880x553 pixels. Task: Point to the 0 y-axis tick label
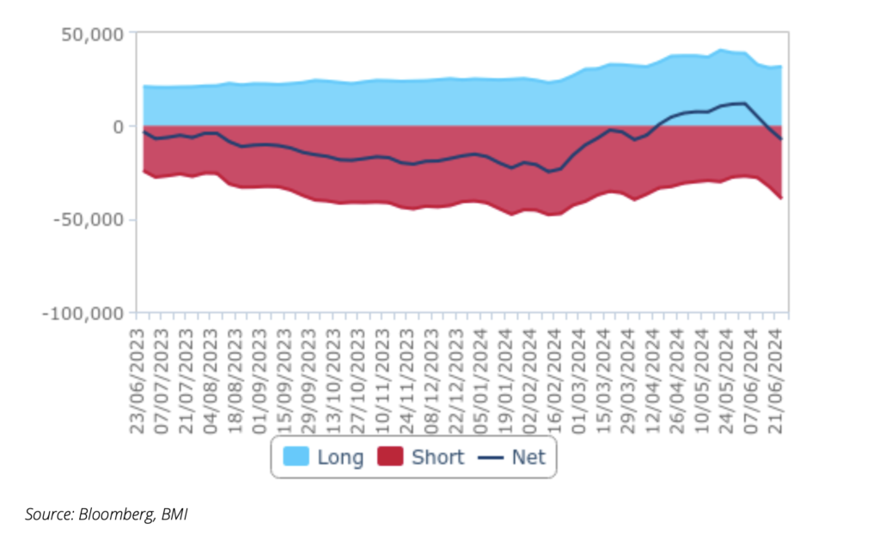pos(119,126)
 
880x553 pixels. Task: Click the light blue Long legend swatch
pos(296,458)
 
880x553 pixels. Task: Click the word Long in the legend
pos(340,458)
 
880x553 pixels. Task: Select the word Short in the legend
pos(437,458)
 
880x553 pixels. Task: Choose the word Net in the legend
pos(529,458)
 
